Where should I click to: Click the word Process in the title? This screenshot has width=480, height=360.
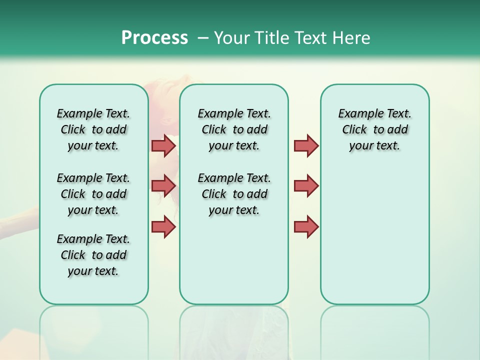154,37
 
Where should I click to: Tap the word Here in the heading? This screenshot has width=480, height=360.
352,38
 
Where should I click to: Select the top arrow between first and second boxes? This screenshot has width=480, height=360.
163,145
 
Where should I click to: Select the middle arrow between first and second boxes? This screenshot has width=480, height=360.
163,186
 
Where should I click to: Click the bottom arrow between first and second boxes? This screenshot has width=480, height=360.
163,226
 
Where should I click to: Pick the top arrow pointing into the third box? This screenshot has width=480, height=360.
306,145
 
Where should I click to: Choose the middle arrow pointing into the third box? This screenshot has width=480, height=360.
306,186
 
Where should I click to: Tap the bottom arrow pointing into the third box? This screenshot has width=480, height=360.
306,226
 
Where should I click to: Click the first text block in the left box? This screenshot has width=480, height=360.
93,129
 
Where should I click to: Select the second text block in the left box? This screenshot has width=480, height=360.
93,194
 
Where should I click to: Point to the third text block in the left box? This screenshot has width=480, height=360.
93,255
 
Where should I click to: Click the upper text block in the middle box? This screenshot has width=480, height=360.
234,129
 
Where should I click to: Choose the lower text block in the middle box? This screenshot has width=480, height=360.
234,194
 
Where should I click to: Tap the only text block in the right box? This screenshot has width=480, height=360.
374,129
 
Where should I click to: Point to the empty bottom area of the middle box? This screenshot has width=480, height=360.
234,265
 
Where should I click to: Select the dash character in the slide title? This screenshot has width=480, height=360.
203,38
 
